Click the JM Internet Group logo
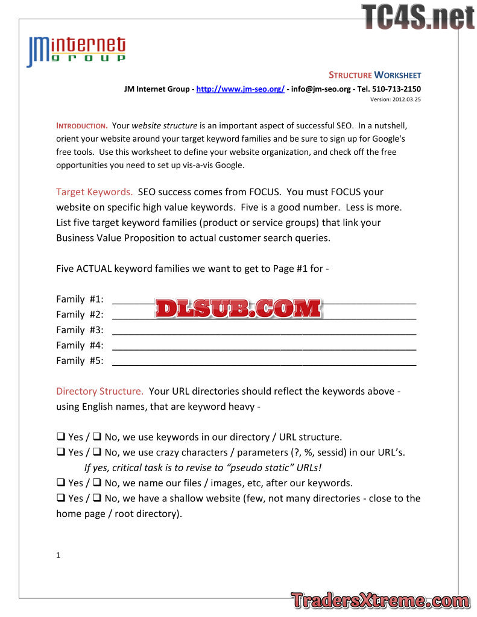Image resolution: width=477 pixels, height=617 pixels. pyautogui.click(x=76, y=51)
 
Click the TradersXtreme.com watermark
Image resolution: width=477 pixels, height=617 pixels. pyautogui.click(x=380, y=601)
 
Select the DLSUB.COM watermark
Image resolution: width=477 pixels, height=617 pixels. pyautogui.click(x=238, y=308)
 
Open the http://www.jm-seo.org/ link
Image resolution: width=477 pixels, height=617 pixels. pyautogui.click(x=241, y=89)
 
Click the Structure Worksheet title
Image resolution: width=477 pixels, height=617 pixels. pyautogui.click(x=374, y=75)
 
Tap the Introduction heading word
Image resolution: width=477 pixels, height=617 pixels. pyautogui.click(x=81, y=126)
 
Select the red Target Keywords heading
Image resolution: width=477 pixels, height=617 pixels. pyautogui.click(x=94, y=192)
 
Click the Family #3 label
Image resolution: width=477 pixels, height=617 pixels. pyautogui.click(x=80, y=330)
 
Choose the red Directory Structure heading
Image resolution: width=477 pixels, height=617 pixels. pyautogui.click(x=100, y=391)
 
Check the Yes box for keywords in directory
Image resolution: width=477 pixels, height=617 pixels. pyautogui.click(x=61, y=437)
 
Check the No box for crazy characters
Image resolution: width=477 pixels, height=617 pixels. pyautogui.click(x=96, y=453)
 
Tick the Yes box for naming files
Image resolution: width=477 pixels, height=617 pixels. pyautogui.click(x=61, y=483)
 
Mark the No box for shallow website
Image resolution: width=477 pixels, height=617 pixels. pyautogui.click(x=96, y=498)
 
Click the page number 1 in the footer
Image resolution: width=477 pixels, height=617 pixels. pyautogui.click(x=58, y=556)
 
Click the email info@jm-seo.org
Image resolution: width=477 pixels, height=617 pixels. pyautogui.click(x=320, y=89)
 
